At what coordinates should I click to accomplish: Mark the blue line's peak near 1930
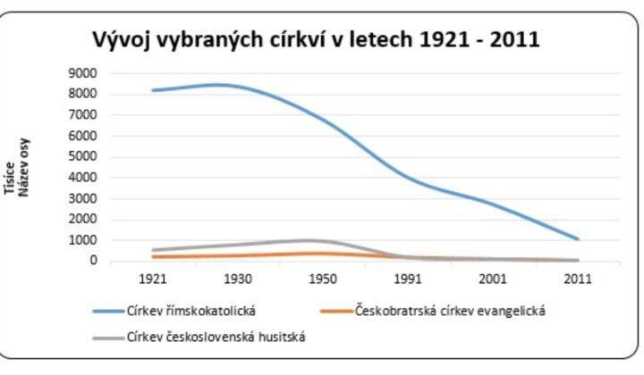pos(219,85)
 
